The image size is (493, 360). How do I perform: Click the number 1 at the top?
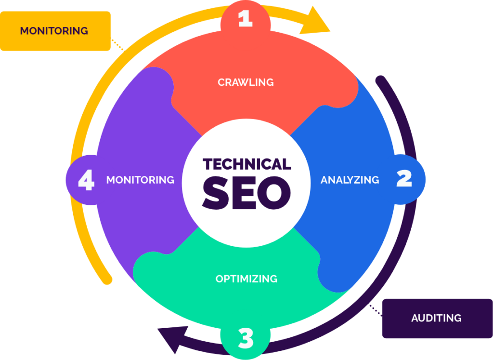tap(245, 19)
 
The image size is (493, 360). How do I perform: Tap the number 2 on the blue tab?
tap(404, 179)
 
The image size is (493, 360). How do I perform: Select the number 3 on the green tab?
tap(246, 339)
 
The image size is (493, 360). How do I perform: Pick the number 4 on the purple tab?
tap(86, 181)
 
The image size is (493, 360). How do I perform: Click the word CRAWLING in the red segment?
tap(246, 82)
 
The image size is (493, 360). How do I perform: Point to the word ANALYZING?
tap(350, 180)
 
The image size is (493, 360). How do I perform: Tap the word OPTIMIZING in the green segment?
tap(246, 279)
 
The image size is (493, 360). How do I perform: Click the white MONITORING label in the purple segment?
tap(140, 180)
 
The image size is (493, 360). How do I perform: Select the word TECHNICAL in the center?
tap(246, 164)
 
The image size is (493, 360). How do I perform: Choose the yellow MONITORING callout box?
tap(54, 31)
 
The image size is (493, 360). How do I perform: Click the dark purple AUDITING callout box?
tap(436, 318)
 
